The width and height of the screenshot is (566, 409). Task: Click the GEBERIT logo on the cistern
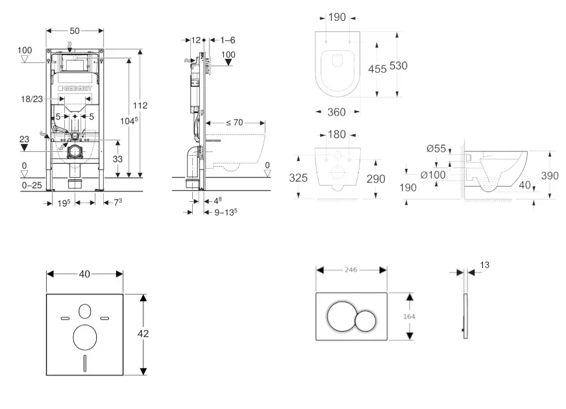tap(75, 88)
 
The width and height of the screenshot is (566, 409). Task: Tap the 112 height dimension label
tap(140, 105)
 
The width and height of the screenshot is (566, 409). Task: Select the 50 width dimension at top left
tap(75, 31)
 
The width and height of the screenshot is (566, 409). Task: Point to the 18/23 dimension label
tap(32, 99)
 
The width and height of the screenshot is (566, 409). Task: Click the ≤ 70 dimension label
tap(234, 123)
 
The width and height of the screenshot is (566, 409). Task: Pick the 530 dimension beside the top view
tap(398, 66)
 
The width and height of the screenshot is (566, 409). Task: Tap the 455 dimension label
tap(377, 69)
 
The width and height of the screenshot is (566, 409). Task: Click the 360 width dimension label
tap(336, 112)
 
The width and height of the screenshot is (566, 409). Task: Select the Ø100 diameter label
tap(433, 175)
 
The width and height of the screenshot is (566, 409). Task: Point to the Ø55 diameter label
tap(436, 149)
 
